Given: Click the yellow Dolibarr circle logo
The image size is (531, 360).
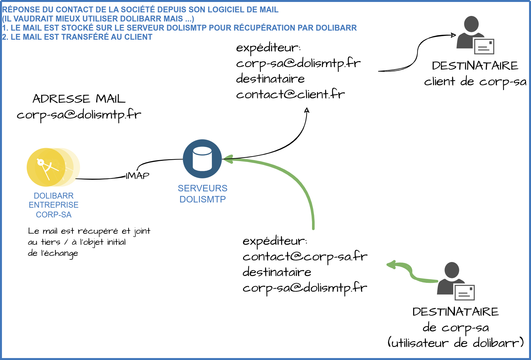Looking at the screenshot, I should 47,167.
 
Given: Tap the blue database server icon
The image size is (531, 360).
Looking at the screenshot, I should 202,159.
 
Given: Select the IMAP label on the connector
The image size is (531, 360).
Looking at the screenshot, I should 137,176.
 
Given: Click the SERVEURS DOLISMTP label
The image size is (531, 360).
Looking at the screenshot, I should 202,194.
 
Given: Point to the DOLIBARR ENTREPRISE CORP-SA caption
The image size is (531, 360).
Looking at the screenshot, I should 54,205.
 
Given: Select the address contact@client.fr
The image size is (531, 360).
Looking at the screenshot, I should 290,94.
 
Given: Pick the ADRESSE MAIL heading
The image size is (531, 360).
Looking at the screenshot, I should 79,99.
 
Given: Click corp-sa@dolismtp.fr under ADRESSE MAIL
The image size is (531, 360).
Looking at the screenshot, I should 79,115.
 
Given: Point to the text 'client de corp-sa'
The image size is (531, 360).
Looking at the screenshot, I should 475,82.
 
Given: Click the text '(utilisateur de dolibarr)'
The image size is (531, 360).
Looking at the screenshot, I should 456,343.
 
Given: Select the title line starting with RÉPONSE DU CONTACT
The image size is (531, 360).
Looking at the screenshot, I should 140,9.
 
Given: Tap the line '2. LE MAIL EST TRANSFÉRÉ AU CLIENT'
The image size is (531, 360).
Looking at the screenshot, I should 77,37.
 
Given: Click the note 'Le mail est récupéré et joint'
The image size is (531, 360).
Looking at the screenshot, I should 89,231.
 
